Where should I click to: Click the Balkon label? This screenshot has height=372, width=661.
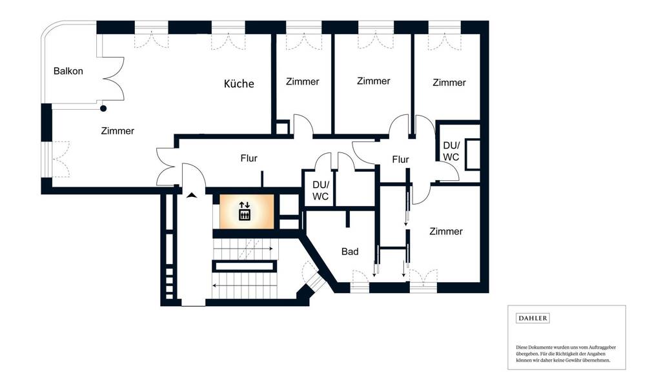coord(68,71)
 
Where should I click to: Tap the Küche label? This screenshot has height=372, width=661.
coord(239,83)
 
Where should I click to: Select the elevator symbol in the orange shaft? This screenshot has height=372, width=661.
coord(245,211)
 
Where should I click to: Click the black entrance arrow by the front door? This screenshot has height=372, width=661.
coord(192,195)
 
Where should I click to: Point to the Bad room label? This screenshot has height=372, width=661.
coord(350,252)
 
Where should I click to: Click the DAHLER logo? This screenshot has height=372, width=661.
coord(533,318)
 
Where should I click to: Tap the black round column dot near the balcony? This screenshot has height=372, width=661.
coord(103,108)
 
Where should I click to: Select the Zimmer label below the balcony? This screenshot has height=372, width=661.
coord(117,130)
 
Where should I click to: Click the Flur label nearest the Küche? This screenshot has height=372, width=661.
coord(249,158)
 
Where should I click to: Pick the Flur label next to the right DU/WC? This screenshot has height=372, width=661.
coord(400,160)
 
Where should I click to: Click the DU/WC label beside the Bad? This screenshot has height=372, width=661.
coord(320,191)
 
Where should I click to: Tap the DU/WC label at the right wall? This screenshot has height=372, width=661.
coord(451,151)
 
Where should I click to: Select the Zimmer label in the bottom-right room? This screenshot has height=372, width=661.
coord(446,231)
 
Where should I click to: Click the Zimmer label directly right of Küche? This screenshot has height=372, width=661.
coord(303,81)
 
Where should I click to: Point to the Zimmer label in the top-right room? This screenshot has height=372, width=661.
coord(449,83)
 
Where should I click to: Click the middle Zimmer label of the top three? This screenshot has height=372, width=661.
coord(374,81)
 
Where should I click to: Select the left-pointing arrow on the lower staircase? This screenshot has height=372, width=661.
coord(245,285)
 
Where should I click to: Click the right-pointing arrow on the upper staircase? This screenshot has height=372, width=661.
coord(243,249)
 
